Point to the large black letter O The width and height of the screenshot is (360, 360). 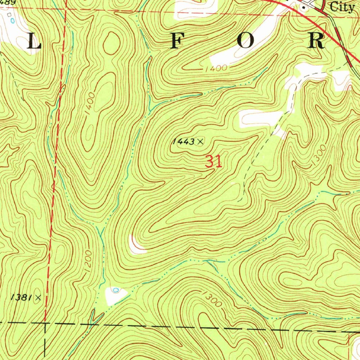(246, 41)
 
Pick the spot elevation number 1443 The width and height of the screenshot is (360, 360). (183, 142)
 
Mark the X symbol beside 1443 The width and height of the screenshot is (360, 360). (200, 142)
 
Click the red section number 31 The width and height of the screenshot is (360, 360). (214, 162)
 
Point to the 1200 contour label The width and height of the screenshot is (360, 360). (88, 260)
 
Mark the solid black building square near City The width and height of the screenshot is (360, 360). (304, 7)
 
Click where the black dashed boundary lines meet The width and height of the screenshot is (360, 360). (45, 323)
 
